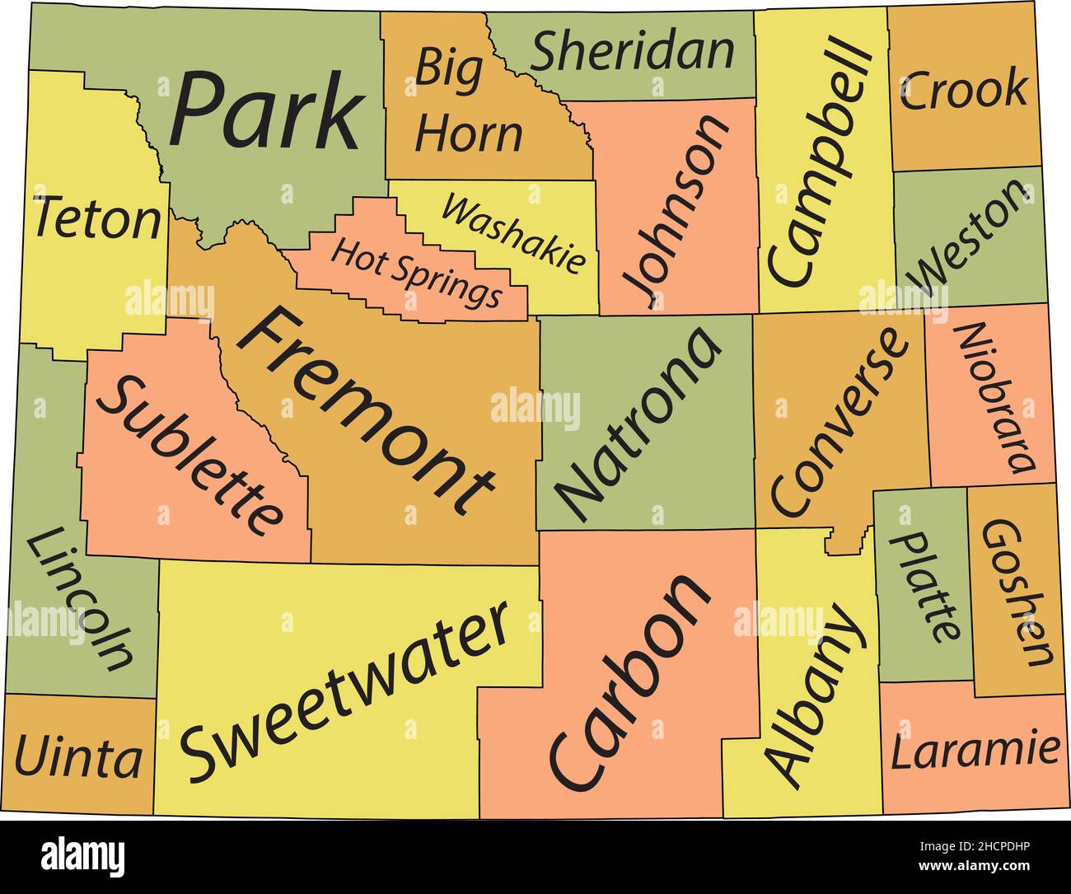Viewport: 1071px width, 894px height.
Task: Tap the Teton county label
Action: [96, 219]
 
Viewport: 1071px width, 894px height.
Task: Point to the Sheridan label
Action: [632, 51]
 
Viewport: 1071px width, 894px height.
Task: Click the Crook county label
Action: [964, 90]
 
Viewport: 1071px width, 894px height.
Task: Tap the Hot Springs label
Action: [415, 271]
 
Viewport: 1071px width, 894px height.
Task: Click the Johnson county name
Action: [676, 211]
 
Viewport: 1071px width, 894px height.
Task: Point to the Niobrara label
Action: [994, 396]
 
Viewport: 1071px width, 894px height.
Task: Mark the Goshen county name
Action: [1017, 592]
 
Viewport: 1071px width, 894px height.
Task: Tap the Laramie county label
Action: [975, 751]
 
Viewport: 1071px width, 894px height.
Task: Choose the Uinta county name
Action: [78, 757]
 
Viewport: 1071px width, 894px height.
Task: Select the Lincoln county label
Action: [79, 599]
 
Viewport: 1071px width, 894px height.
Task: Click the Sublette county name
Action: [189, 455]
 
